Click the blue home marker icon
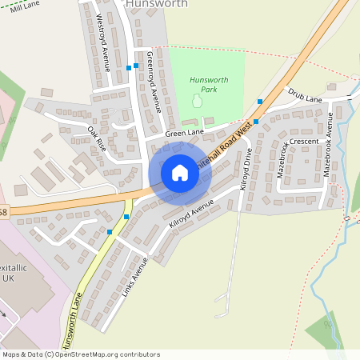click(x=180, y=173)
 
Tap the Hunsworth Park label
click(x=209, y=84)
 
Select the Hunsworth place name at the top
click(x=157, y=4)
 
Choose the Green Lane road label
click(x=185, y=132)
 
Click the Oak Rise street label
click(x=97, y=139)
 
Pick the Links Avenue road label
click(x=138, y=275)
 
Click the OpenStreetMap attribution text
click(x=81, y=354)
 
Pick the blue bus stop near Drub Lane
click(x=260, y=102)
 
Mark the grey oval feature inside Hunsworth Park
click(x=197, y=102)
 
